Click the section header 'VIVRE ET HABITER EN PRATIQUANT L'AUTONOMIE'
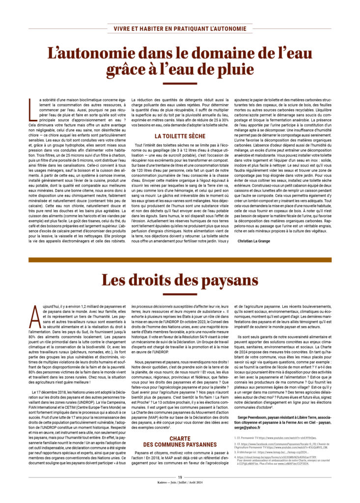click(x=180, y=28)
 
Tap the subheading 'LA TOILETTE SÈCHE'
click(x=180, y=136)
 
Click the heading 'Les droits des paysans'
click(x=180, y=279)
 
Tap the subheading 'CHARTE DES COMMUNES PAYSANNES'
click(x=180, y=441)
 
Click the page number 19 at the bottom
click(x=180, y=490)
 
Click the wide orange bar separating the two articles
click(x=180, y=259)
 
